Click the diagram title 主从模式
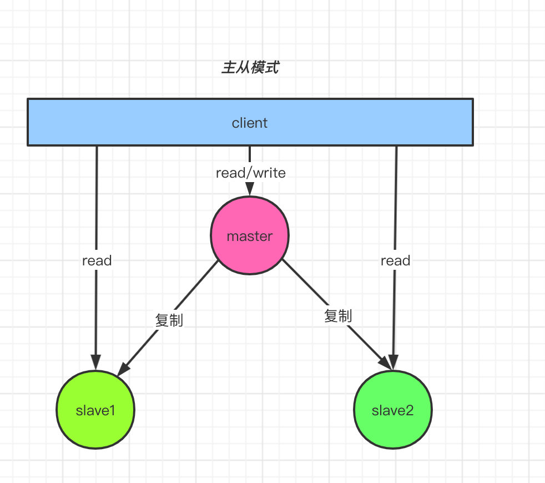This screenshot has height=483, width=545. click(250, 68)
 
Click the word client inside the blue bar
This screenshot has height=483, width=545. click(250, 123)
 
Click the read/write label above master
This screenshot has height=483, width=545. click(250, 173)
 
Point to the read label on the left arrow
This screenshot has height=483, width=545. click(97, 260)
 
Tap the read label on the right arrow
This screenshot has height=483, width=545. click(395, 260)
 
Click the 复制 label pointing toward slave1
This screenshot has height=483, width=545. click(169, 320)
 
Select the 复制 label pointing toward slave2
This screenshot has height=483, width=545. click(338, 316)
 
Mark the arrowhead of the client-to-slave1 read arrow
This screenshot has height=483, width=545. click(96, 364)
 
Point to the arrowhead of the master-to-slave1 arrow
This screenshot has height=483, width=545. click(123, 369)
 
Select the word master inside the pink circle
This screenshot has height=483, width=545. click(250, 236)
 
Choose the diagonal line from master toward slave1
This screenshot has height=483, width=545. click(194, 289)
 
